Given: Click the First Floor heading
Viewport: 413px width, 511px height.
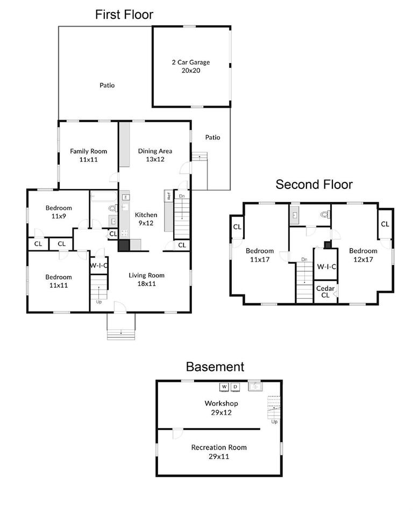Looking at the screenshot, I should coord(124,15).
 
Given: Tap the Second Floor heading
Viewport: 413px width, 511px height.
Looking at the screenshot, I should coord(314,185).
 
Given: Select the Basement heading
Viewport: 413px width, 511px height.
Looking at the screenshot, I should coord(215,367).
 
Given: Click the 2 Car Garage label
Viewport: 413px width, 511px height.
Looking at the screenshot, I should coord(191,66).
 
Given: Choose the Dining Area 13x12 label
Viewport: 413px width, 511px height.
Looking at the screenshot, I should coord(155,155).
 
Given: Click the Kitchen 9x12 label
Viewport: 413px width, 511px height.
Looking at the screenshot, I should coord(146,218).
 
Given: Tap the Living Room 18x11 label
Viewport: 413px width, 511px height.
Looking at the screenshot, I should coord(146,279).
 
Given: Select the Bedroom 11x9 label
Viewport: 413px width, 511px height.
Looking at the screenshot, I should coord(59,212).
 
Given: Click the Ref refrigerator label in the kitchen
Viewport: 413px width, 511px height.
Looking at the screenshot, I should coord(168,197).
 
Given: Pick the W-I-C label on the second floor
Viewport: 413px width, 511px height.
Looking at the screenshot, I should coord(326,267).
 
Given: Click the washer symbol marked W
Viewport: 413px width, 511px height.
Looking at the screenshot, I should coord(224,387).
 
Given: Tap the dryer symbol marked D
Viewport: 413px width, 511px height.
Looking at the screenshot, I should coord(235,387).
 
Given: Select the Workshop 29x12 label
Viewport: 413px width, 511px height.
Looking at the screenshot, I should coord(221,408).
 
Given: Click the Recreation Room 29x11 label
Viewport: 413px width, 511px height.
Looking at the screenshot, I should coord(219,452).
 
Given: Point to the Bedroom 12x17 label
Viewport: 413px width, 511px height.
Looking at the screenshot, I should coord(363,255).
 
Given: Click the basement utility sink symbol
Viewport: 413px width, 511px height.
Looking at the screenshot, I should coord(254,386).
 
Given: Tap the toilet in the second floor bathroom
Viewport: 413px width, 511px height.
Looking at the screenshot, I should coord(324,214).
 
